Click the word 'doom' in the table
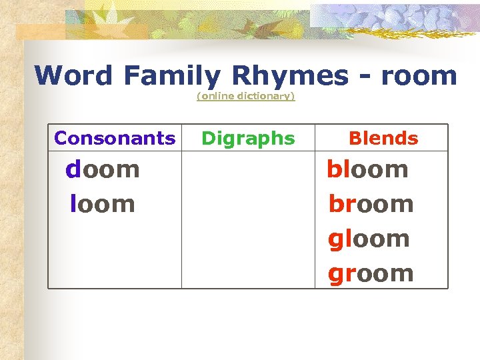[103, 169]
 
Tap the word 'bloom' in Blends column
[367, 169]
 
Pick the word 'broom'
[371, 204]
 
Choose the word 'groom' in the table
[371, 273]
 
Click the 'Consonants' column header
[115, 139]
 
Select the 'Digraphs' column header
[248, 139]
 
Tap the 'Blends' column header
[383, 139]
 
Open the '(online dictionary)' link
[245, 97]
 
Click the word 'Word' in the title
[74, 76]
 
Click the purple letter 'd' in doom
[73, 169]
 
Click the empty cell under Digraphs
[248, 220]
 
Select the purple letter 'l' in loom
[73, 204]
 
